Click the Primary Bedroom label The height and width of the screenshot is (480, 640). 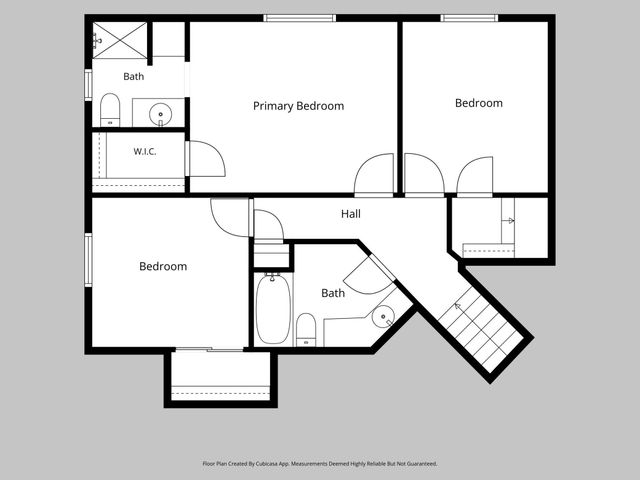298,106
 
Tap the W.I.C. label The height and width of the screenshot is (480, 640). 145,151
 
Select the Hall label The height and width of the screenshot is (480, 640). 351,213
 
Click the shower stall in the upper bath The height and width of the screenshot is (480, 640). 120,40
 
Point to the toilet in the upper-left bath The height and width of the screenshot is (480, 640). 110,110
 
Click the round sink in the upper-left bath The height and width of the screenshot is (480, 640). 160,114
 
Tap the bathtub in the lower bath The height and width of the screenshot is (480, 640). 273,309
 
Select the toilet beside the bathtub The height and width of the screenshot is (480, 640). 306,330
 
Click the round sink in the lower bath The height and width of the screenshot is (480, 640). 383,317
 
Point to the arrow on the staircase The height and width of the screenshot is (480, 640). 458,307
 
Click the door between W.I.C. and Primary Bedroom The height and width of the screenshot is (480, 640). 205,159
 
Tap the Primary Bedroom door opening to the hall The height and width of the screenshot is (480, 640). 374,175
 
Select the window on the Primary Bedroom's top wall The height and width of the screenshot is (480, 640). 300,18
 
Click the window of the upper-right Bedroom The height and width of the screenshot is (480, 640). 469,18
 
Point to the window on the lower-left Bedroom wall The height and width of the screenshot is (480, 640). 88,260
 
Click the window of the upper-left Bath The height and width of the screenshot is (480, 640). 88,85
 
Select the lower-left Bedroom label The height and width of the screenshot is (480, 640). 163,267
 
